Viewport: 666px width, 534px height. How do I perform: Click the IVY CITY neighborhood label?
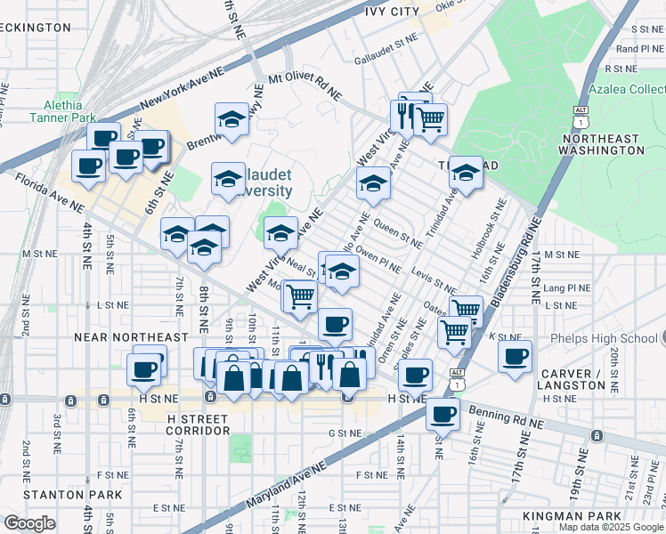392,11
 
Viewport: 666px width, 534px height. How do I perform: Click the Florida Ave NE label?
50,195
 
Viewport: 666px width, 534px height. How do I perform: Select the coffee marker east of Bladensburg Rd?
515,356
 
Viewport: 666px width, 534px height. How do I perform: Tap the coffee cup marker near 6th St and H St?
143,368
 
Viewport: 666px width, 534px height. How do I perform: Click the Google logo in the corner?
29,523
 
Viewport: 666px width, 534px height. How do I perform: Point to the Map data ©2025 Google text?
610,527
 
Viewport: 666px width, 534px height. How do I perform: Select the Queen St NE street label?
398,233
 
